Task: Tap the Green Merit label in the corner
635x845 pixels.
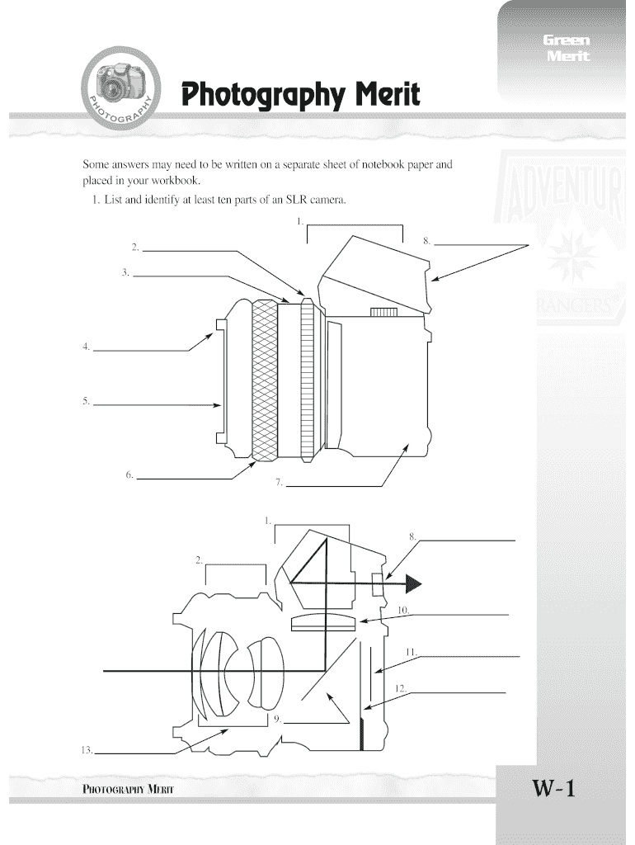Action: point(566,49)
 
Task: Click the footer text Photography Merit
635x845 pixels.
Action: point(128,789)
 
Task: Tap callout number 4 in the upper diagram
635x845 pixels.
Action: point(86,347)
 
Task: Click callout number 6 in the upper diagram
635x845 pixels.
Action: point(129,474)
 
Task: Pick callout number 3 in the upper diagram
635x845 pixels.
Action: point(125,271)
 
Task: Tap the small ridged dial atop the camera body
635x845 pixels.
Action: point(385,312)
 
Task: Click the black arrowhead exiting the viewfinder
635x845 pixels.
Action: point(412,584)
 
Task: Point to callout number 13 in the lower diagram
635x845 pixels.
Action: point(86,749)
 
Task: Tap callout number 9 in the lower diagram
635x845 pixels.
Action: point(276,719)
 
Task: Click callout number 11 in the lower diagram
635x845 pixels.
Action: point(410,652)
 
